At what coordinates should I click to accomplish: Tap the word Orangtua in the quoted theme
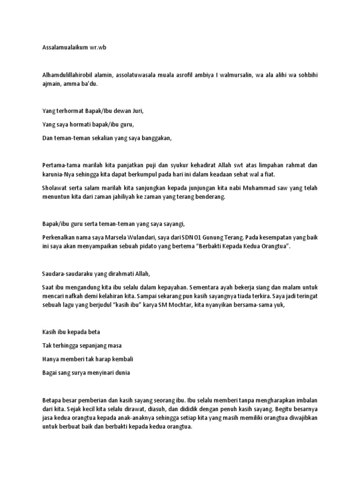pos(270,247)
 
